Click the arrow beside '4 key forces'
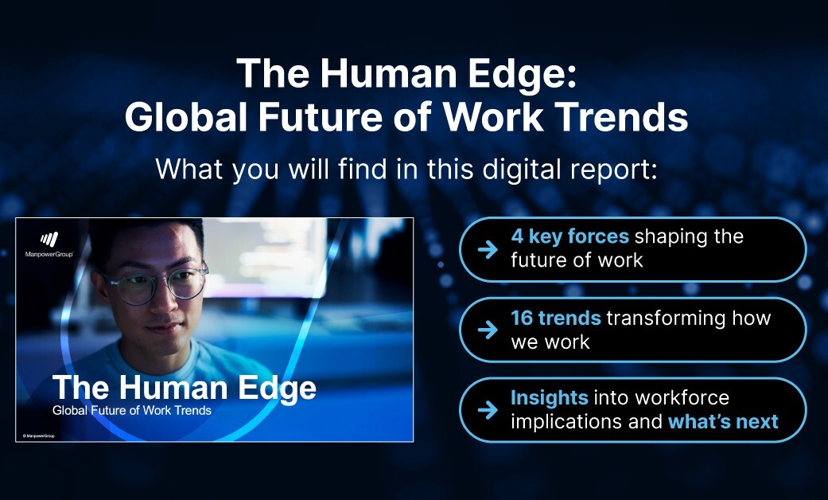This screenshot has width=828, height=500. (x=488, y=249)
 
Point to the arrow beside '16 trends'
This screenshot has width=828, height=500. (x=488, y=330)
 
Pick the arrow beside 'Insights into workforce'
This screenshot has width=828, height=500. (x=488, y=409)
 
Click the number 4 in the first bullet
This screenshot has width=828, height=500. (x=517, y=236)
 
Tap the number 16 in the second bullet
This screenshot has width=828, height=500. (x=522, y=318)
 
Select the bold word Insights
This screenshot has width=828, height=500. (x=549, y=397)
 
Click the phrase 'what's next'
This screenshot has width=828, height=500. (x=724, y=422)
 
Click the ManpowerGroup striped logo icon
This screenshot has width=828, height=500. (x=49, y=240)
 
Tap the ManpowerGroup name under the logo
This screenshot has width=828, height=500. (x=49, y=254)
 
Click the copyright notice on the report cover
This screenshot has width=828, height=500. (x=38, y=436)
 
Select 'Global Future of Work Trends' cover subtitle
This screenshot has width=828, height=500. (x=132, y=411)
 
